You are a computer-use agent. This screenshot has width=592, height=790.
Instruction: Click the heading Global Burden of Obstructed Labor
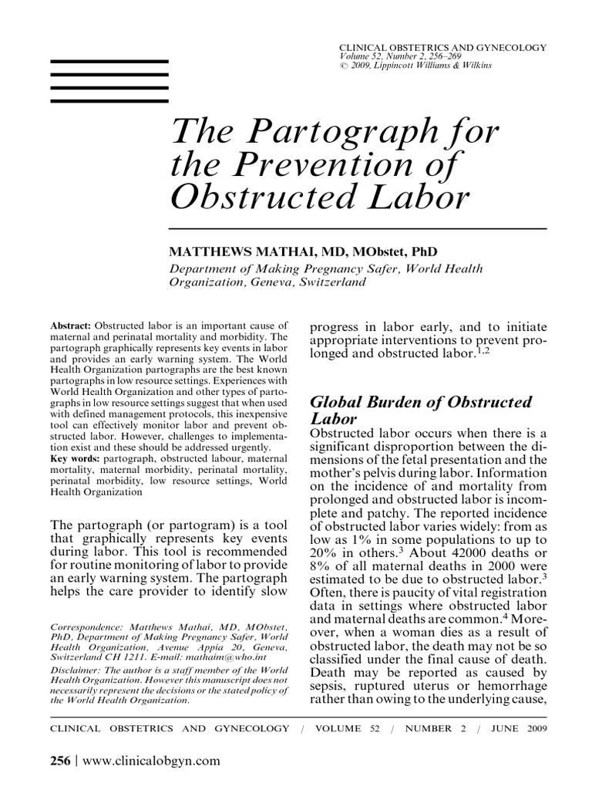pos(419,410)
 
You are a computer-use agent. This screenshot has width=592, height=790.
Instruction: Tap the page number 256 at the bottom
pos(59,760)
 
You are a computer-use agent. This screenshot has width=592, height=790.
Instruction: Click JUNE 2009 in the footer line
pos(523,728)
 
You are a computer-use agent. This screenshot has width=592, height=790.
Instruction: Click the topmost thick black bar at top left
pos(109,60)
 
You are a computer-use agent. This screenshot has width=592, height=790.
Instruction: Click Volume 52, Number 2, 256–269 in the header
pos(404,56)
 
